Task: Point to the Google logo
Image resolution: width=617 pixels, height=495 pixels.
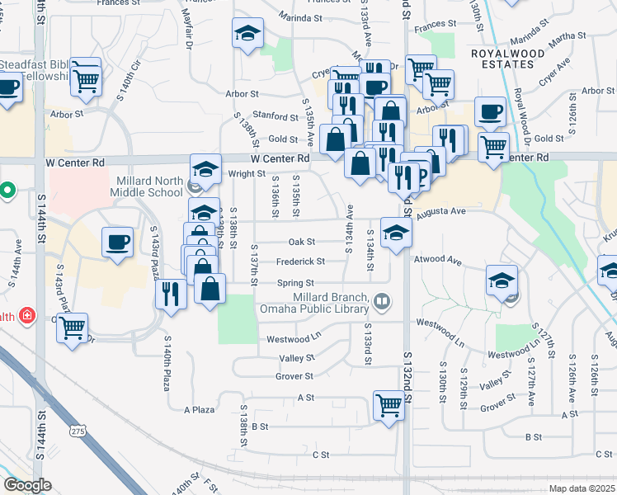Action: (x=27, y=485)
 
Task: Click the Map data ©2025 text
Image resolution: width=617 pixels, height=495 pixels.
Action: (x=581, y=488)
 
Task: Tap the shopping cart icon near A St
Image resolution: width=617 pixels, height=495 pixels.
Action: (x=388, y=404)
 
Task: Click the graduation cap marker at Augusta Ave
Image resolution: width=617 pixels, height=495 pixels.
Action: (x=396, y=232)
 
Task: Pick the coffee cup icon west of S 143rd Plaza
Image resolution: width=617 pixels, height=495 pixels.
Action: (x=117, y=242)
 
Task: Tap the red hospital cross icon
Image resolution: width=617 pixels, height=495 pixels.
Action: (x=27, y=315)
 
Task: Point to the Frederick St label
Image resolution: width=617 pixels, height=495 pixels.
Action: (x=300, y=261)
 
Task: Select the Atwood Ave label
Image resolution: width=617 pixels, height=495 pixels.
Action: (x=438, y=261)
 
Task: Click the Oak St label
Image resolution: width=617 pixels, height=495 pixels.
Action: (x=302, y=242)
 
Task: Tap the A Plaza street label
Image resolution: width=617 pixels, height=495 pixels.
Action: (x=199, y=409)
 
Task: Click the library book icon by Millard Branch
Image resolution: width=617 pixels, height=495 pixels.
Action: (x=382, y=300)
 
